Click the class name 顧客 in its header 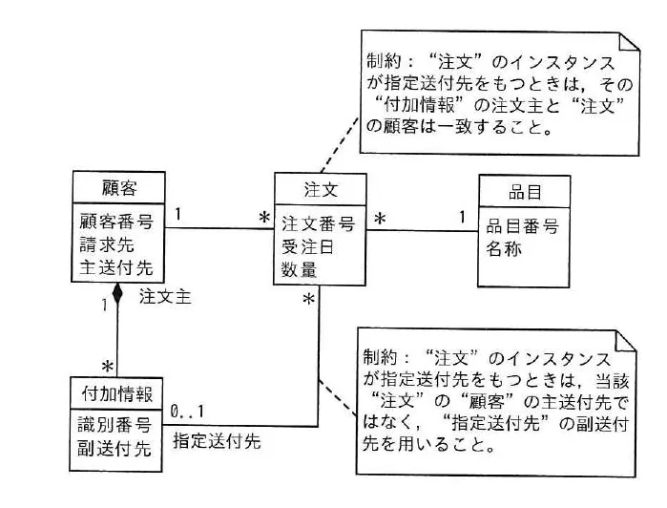point(119,188)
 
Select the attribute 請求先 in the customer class point(107,244)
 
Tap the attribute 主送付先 point(116,267)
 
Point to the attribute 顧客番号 point(116,222)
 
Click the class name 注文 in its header point(321,189)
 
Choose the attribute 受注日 point(307,247)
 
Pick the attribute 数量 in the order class point(299,269)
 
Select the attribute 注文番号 point(318,224)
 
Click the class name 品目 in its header point(525,192)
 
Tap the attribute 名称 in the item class point(504,248)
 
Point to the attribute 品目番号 point(522,226)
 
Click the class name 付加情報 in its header point(117,393)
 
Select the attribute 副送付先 point(114,449)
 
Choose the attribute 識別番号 point(114,425)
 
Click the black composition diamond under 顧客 point(117,293)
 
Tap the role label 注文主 point(165,297)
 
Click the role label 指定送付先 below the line point(217,441)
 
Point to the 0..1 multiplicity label point(187,412)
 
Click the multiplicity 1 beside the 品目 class point(462,217)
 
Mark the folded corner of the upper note point(629,42)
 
